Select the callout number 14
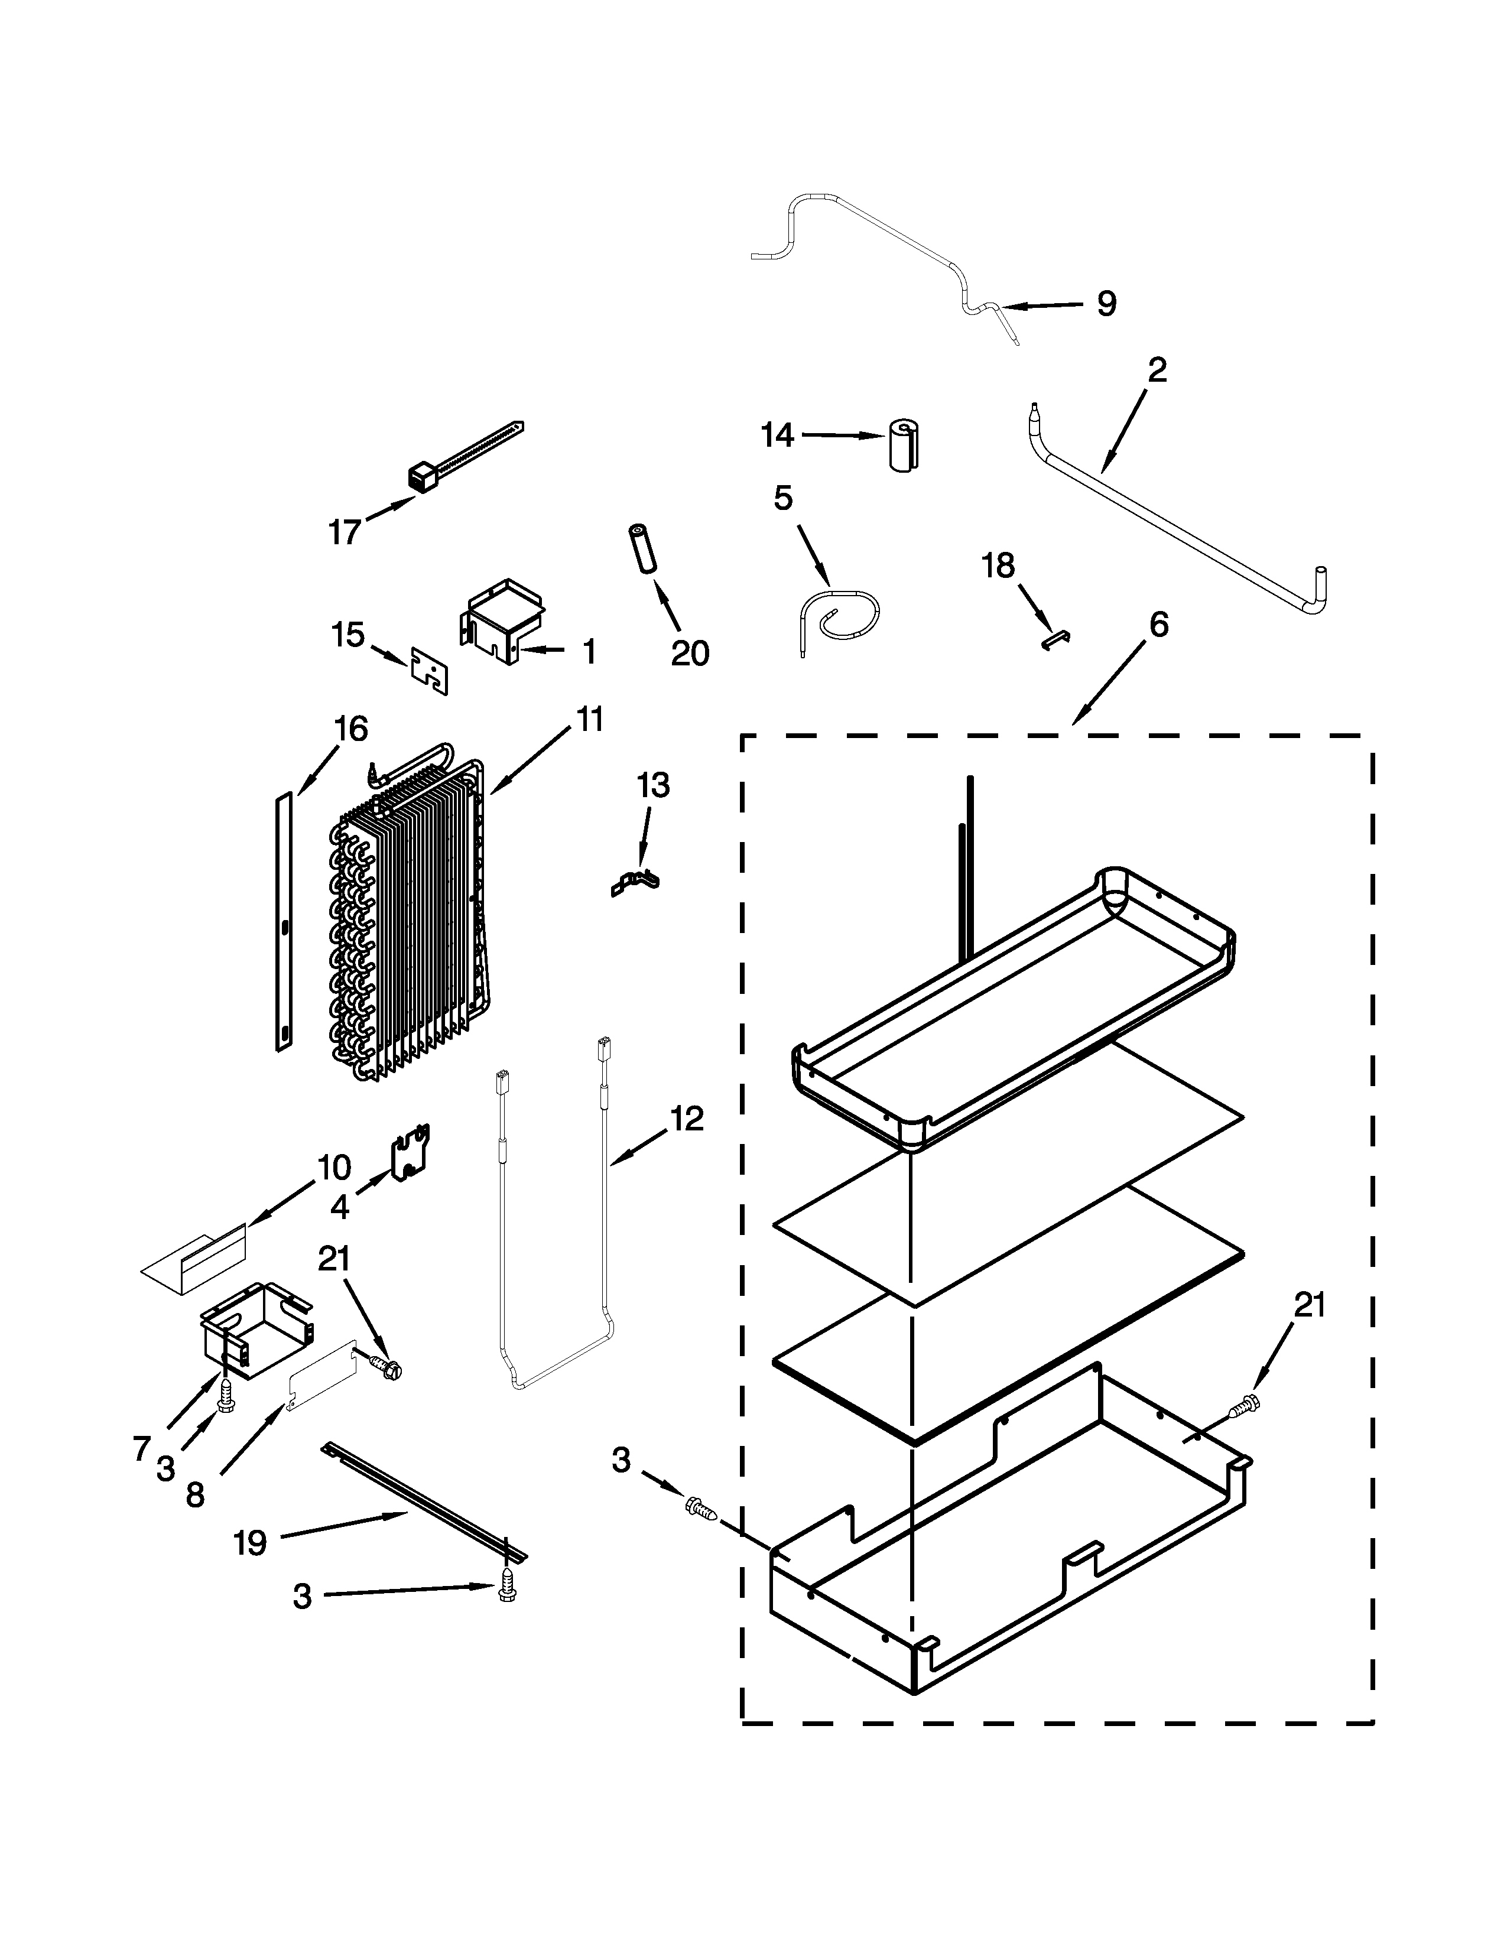coord(777,435)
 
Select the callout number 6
coord(1157,625)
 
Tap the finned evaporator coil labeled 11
coord(406,911)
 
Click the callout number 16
coord(351,729)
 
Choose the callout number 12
coord(687,1118)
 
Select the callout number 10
coord(334,1167)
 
